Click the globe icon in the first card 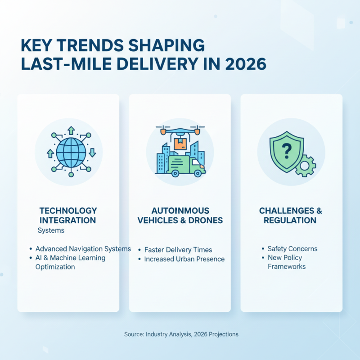71,153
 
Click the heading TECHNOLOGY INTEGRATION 68,216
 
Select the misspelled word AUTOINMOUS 180,211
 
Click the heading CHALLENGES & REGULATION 291,216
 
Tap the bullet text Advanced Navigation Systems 83,249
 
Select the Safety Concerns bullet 292,249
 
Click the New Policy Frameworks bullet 286,262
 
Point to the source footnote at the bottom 181,334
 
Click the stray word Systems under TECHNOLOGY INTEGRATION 51,230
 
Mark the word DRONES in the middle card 204,220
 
